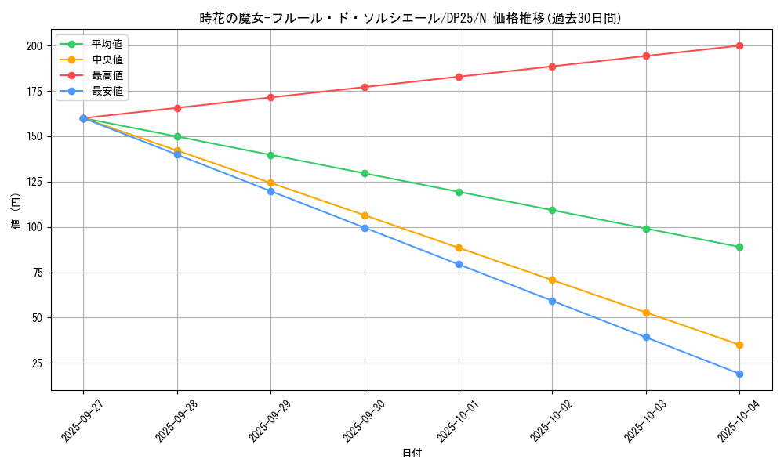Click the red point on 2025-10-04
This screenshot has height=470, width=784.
click(739, 45)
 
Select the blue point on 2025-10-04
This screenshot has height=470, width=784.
click(739, 374)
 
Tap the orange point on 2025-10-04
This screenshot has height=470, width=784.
click(739, 345)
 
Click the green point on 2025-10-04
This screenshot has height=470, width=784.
click(739, 247)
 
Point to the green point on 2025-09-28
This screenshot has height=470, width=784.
click(177, 136)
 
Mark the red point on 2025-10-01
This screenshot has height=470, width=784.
click(459, 77)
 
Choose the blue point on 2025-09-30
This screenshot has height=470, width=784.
click(365, 228)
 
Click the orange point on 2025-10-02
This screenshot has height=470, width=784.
click(552, 280)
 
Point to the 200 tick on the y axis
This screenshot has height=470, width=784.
click(34, 46)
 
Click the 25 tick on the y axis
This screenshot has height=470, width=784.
click(36, 363)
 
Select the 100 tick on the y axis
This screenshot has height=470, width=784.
click(34, 227)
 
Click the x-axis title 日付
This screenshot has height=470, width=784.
click(412, 454)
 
